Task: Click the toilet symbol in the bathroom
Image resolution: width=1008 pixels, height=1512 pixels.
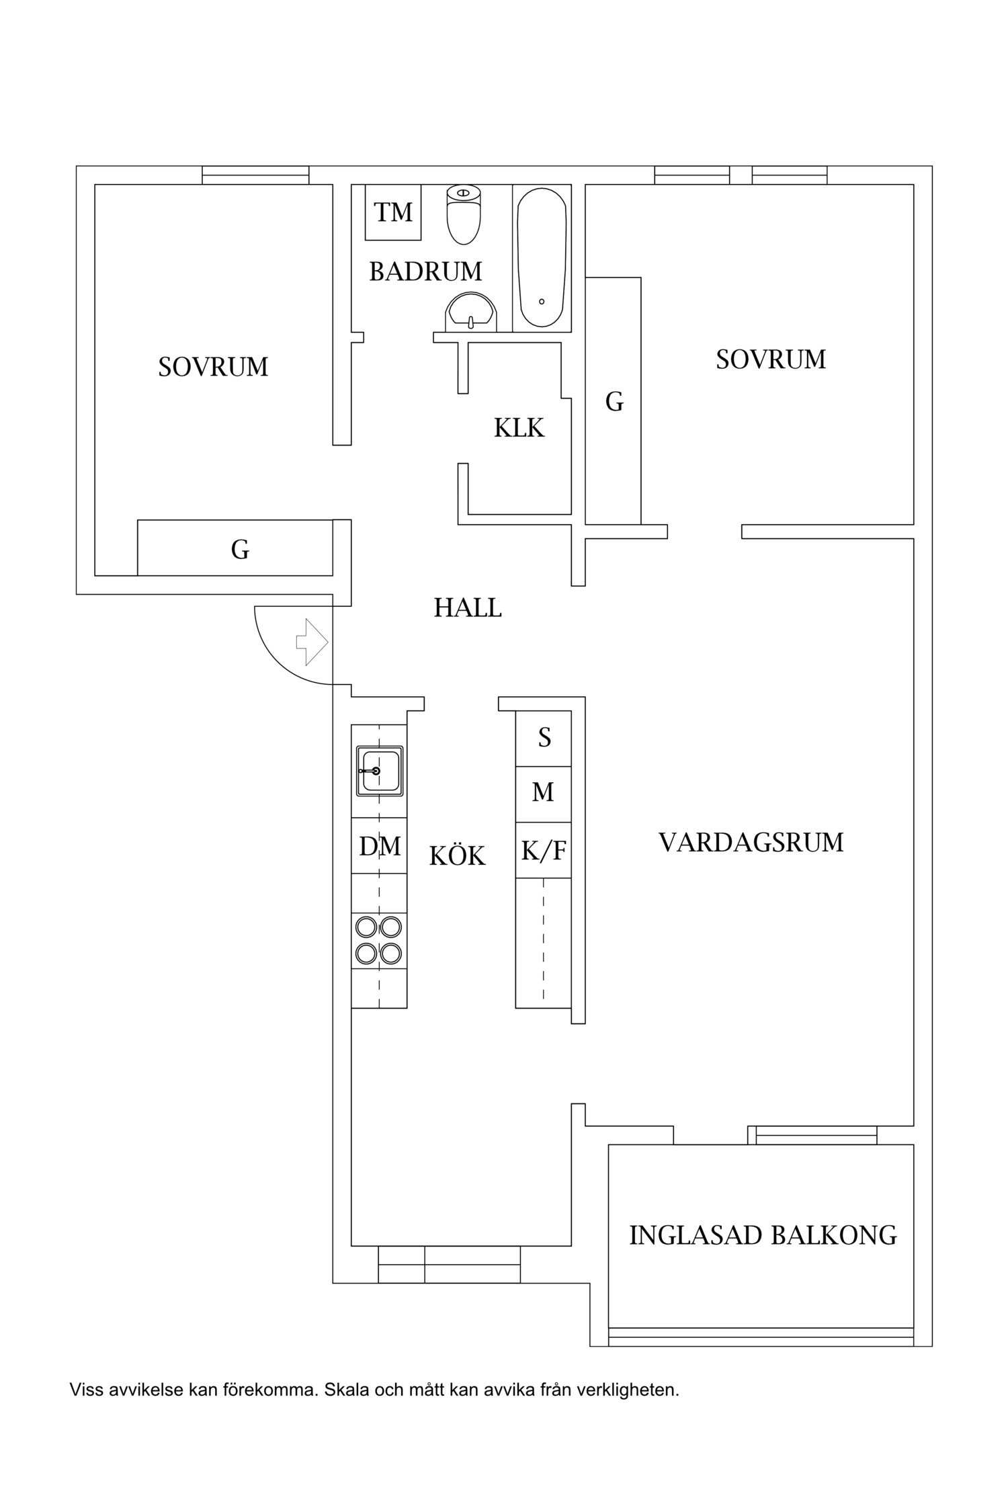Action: click(x=464, y=215)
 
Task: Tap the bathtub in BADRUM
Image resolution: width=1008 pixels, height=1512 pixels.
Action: click(x=542, y=259)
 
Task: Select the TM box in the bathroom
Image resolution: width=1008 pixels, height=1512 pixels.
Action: click(x=393, y=212)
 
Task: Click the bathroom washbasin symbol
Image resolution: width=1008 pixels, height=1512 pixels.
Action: click(x=471, y=313)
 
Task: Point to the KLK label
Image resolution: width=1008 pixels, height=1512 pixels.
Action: click(x=519, y=428)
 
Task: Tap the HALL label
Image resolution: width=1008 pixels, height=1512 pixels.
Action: click(x=468, y=608)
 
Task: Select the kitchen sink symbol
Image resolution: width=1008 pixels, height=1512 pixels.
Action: click(x=379, y=771)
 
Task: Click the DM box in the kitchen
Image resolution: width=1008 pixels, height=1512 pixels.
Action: click(x=380, y=846)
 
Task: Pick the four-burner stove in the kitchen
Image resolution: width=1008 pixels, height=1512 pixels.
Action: click(x=379, y=940)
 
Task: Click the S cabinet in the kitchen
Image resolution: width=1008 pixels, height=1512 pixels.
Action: click(x=544, y=738)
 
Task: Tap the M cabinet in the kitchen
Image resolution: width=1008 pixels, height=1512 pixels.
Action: click(x=543, y=793)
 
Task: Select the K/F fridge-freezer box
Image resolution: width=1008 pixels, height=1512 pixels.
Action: click(x=544, y=851)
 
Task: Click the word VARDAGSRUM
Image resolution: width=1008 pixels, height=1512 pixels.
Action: click(x=751, y=842)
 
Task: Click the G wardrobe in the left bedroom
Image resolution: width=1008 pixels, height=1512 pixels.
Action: click(x=240, y=550)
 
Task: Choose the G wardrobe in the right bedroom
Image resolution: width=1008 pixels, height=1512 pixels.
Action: click(x=614, y=402)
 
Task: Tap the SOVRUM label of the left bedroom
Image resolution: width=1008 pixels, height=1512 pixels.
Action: click(x=213, y=367)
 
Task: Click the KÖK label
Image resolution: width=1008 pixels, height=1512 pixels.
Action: click(x=457, y=855)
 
